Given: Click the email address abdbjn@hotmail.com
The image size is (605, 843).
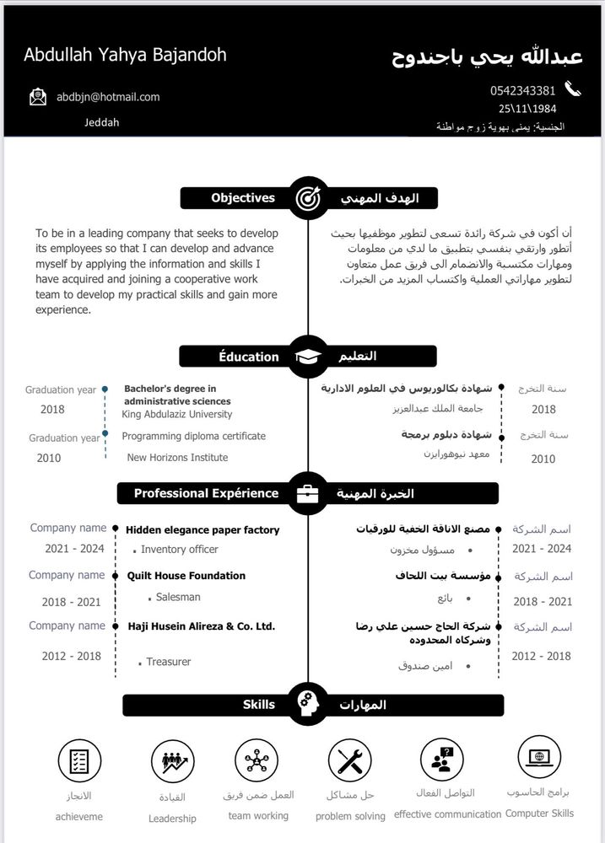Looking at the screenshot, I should pyautogui.click(x=108, y=97).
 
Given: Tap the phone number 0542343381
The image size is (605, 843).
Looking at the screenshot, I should pyautogui.click(x=522, y=90).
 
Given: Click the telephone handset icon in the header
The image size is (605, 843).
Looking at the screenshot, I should pyautogui.click(x=573, y=89).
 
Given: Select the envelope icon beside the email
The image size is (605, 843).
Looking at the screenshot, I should pyautogui.click(x=38, y=97).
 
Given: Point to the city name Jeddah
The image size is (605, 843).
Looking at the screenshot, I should pyautogui.click(x=102, y=122).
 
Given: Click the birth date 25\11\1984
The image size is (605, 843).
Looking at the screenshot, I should pyautogui.click(x=527, y=109).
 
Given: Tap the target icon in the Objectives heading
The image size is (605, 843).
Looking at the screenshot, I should pyautogui.click(x=306, y=198).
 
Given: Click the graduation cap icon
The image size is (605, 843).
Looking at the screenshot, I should pyautogui.click(x=308, y=357).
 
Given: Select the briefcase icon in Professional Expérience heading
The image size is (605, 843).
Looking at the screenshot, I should pyautogui.click(x=308, y=493).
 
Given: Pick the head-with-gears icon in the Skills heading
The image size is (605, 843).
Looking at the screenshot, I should pyautogui.click(x=307, y=704).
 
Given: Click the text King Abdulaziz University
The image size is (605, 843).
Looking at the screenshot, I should pyautogui.click(x=177, y=415).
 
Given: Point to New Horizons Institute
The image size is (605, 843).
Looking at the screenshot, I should pyautogui.click(x=177, y=458).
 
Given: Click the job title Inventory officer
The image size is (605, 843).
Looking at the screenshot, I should pyautogui.click(x=179, y=550).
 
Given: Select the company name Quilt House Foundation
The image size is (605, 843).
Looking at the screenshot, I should pyautogui.click(x=186, y=576).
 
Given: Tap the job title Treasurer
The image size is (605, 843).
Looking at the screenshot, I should pyautogui.click(x=169, y=662).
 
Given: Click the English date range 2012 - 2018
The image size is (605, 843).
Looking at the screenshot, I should pyautogui.click(x=72, y=656).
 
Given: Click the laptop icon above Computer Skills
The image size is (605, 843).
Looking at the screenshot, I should pyautogui.click(x=538, y=757).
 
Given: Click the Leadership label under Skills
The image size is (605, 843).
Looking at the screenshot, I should pyautogui.click(x=172, y=819).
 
